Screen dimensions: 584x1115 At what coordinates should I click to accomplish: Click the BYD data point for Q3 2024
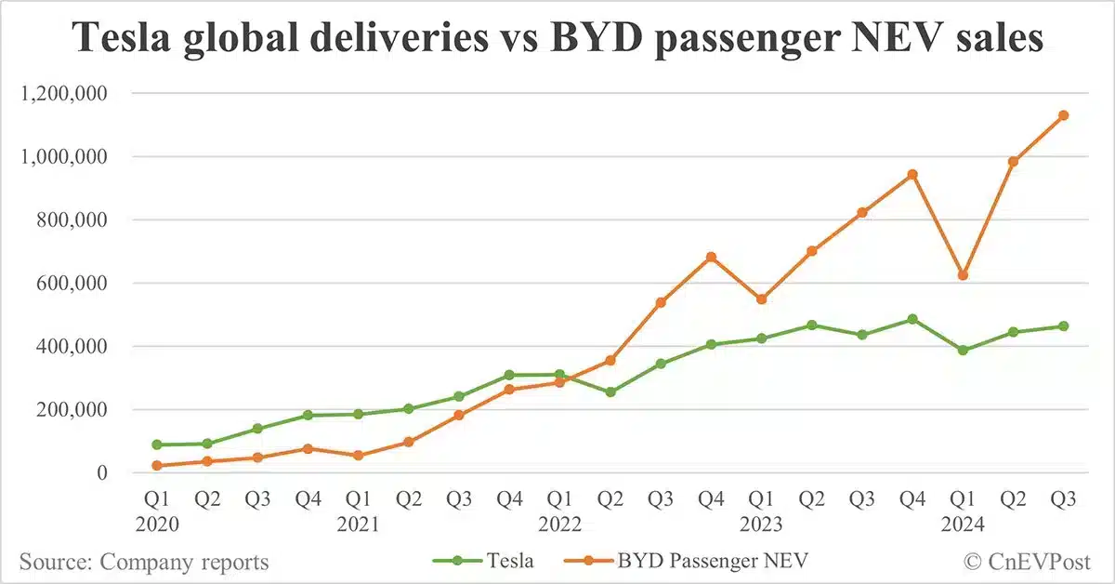tap(1063, 115)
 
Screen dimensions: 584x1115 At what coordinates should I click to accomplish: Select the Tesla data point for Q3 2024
tap(1063, 326)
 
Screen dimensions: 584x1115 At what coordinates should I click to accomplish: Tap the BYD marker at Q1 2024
tap(963, 275)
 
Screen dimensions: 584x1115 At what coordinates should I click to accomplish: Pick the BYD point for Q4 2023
tap(912, 174)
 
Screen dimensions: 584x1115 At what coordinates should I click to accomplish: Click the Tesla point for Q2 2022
tap(610, 392)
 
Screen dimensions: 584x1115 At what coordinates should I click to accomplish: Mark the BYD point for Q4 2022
tap(711, 257)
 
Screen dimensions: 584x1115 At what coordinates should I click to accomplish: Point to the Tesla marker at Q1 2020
tap(157, 445)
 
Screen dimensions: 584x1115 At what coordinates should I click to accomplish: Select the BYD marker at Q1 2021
tap(359, 456)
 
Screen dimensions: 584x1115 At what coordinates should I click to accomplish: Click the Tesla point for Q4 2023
tap(912, 319)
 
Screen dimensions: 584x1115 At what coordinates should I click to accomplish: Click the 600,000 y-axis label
tap(78, 284)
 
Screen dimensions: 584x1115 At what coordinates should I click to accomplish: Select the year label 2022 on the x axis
tap(559, 524)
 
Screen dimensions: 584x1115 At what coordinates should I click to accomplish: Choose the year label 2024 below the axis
tap(963, 524)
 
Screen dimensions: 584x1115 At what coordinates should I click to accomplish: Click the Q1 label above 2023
tap(761, 499)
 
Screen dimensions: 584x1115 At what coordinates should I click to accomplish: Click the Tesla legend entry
tap(483, 561)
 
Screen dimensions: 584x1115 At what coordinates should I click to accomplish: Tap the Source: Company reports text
tap(144, 562)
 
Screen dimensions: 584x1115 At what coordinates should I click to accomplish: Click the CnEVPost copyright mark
tap(1030, 561)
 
